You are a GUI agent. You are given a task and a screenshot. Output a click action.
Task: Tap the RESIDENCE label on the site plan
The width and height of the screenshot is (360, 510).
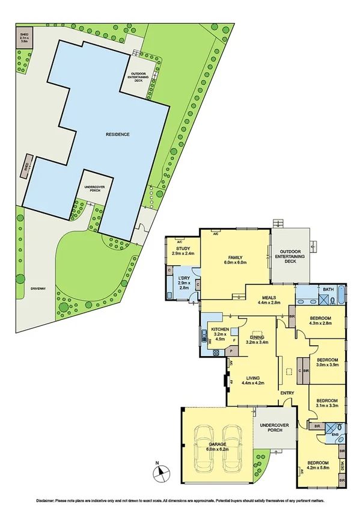[x=117, y=134]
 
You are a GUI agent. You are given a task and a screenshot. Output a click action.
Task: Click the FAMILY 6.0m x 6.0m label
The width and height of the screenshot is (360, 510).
[x=234, y=260]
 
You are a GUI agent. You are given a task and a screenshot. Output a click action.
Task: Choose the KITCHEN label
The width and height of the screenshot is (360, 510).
[x=219, y=332]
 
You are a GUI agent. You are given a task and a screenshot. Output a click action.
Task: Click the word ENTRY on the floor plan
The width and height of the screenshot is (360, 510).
[x=287, y=393]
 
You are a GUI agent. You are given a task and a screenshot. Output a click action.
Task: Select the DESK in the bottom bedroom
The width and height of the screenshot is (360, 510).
[x=342, y=465]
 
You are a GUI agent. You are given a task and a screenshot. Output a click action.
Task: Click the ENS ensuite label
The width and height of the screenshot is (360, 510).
[x=335, y=434]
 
